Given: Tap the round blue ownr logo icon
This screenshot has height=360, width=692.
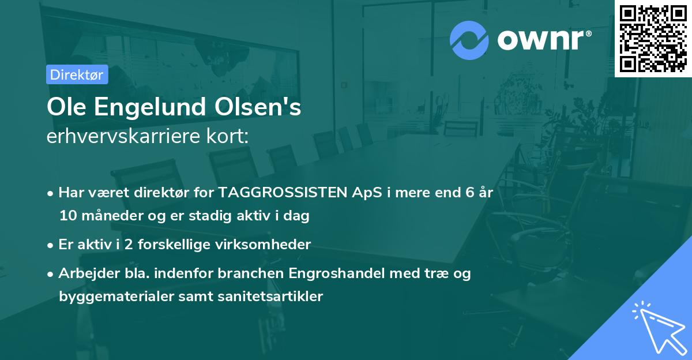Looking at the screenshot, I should point(469,39).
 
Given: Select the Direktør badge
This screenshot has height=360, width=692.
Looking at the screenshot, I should point(77,74).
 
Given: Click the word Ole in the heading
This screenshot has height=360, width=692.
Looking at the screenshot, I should point(63,108).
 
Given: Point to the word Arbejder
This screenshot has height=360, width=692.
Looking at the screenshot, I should point(86,273).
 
